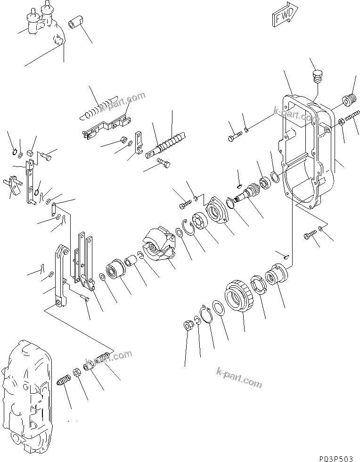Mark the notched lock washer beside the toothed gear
[x=258, y=286]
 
